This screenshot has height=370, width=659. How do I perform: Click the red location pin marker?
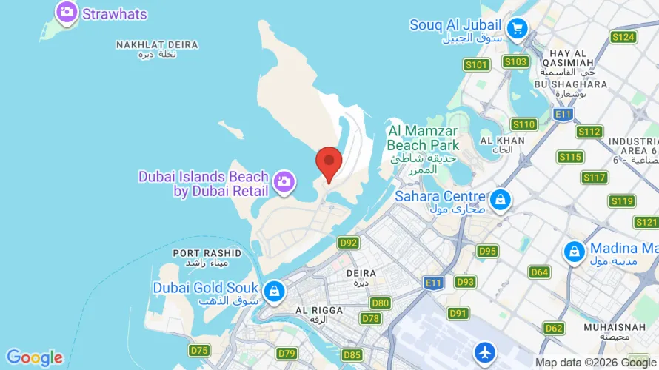click(x=329, y=162)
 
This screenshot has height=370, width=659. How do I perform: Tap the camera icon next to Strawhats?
click(x=67, y=12)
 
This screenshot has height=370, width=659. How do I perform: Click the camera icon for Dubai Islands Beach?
click(x=283, y=181)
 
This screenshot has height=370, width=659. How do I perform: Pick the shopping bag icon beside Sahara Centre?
click(x=501, y=198)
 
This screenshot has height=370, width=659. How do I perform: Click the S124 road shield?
click(x=623, y=36)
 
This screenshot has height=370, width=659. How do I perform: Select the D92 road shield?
click(x=348, y=243)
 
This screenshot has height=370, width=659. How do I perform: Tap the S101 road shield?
click(x=478, y=65)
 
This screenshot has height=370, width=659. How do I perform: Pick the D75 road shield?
click(x=198, y=349)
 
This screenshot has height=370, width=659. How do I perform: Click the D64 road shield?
click(x=540, y=272)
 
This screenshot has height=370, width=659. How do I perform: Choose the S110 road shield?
click(x=523, y=124)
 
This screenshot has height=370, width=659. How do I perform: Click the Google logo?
click(x=34, y=358)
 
